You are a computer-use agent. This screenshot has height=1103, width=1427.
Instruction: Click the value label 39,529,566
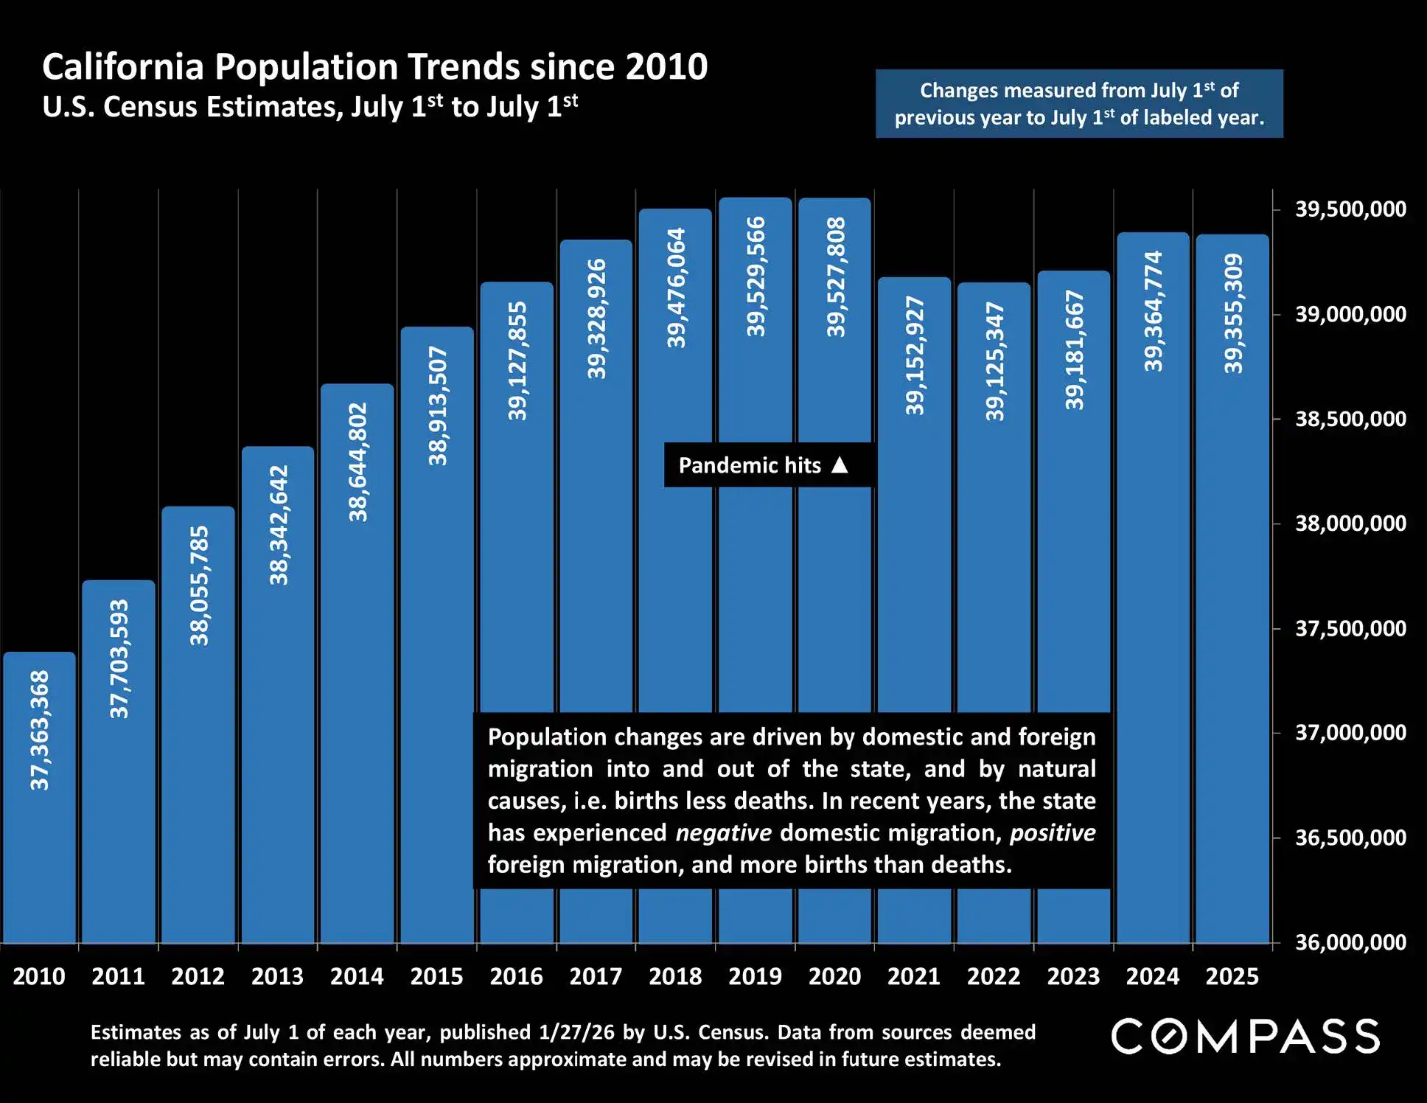pos(756,277)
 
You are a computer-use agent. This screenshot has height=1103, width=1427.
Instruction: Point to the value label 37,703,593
pos(119,658)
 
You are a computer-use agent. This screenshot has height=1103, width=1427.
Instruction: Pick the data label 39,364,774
pos(1154,311)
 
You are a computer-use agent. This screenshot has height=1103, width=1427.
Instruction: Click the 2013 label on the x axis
pos(277,976)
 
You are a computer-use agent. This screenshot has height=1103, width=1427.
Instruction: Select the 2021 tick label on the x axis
pos(914,976)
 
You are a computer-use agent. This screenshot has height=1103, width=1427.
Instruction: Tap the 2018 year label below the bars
pos(675,976)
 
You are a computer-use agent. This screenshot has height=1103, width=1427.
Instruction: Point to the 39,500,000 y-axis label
pos(1350,209)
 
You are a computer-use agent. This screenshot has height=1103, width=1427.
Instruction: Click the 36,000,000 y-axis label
pos(1350,942)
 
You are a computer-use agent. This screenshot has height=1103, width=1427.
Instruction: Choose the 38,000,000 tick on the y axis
pos(1350,523)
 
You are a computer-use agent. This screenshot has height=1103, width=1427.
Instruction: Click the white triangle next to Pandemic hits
pos(840,464)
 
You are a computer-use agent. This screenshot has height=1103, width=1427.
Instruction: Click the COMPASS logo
pos(1245,1037)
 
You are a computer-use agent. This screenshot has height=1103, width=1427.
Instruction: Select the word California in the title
pos(122,67)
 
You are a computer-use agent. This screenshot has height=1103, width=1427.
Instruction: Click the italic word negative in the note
pos(723,833)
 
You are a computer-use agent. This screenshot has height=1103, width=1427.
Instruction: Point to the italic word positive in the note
pos(1052,833)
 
